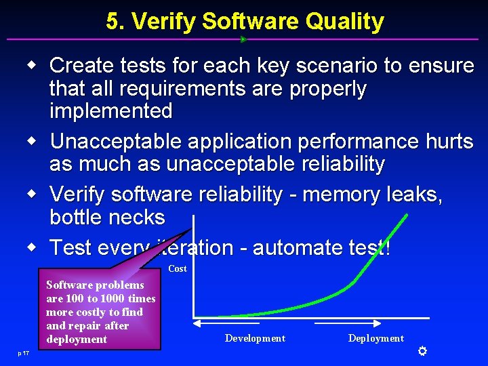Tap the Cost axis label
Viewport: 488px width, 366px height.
(x=178, y=269)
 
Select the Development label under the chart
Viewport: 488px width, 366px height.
(x=255, y=338)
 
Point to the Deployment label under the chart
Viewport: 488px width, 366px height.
(x=375, y=338)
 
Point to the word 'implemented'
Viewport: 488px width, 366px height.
(x=111, y=110)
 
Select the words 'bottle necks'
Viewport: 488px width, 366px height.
(x=107, y=218)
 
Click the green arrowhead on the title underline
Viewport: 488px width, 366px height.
(x=243, y=39)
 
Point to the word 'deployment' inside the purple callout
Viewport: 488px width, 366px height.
(x=77, y=340)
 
